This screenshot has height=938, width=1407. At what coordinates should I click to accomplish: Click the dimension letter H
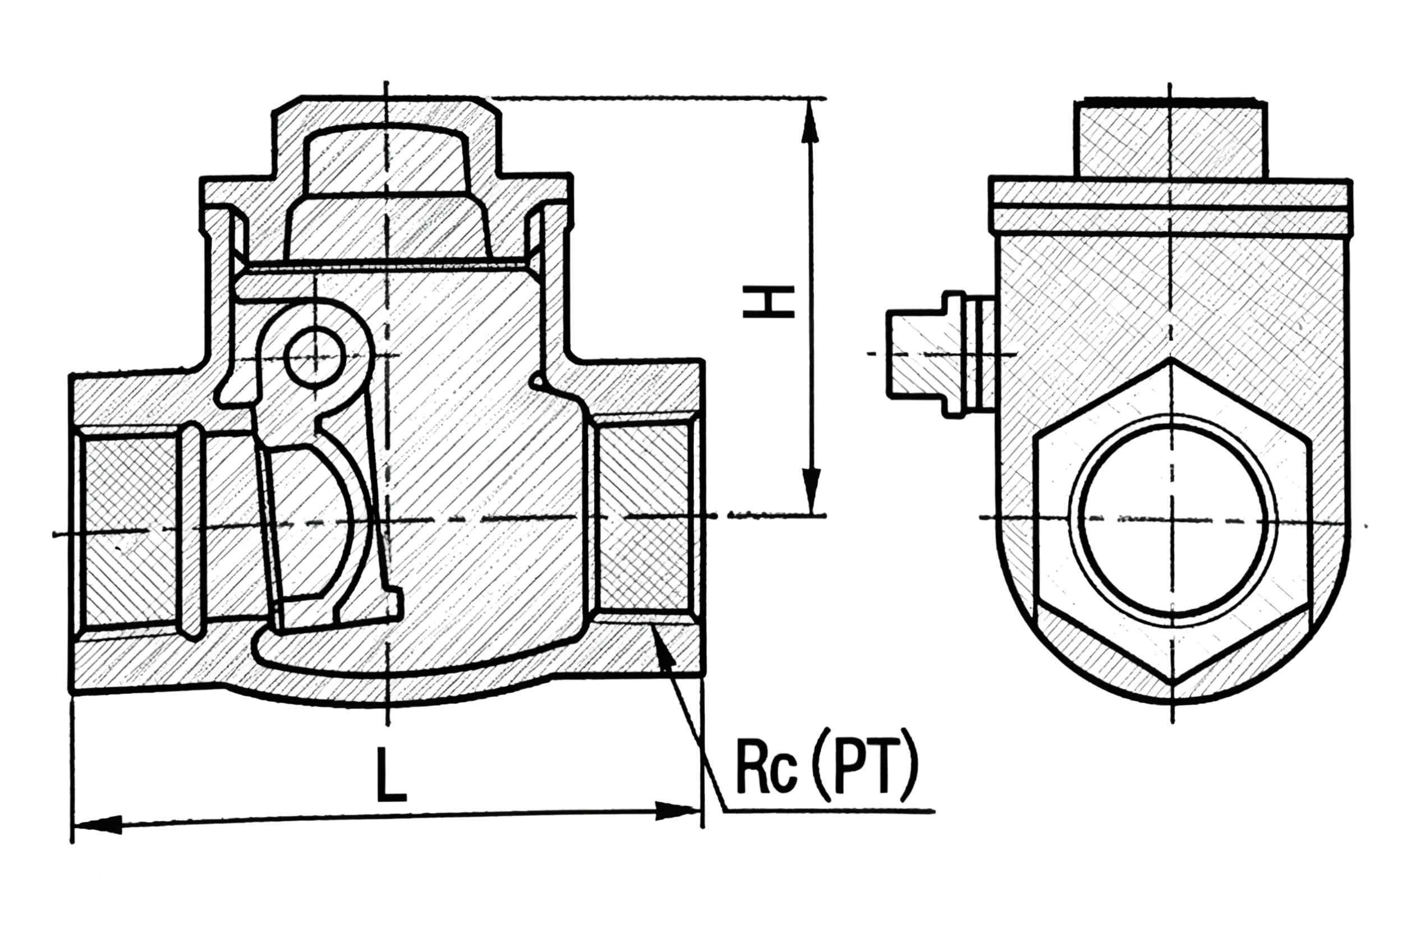point(768,302)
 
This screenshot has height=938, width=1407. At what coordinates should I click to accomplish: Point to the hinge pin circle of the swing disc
point(315,358)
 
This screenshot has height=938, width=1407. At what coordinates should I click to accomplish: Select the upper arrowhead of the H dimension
point(810,121)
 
